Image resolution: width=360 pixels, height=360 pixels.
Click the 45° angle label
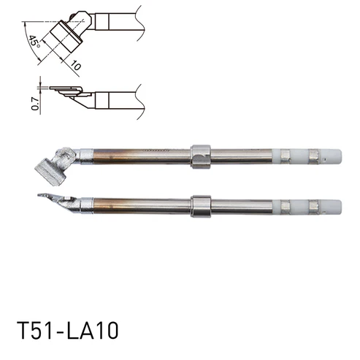(x=34, y=42)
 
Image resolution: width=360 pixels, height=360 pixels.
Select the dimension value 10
(x=76, y=65)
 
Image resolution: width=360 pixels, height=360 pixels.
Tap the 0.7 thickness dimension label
(x=35, y=104)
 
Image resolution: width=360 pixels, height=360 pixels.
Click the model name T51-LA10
(x=67, y=330)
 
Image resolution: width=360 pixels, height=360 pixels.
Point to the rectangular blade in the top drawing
(x=66, y=37)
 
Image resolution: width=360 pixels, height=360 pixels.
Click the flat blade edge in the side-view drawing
(x=64, y=88)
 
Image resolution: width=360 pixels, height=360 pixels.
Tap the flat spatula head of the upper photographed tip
(x=50, y=172)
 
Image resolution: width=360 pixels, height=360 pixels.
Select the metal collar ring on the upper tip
(x=201, y=157)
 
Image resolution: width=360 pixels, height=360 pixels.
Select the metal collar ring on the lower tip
(x=201, y=207)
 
